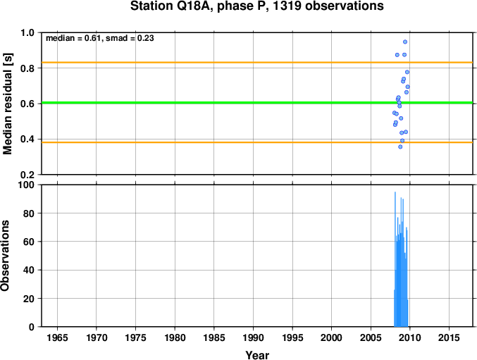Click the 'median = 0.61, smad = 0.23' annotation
100,38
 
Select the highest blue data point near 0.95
405,42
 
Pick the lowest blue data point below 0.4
400,147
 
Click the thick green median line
257,103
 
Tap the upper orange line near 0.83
257,63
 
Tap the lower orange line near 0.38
257,142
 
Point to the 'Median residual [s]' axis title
7,104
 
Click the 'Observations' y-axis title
5,256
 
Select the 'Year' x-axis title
257,355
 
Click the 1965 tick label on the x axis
57,337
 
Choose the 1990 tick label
253,337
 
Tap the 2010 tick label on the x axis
410,337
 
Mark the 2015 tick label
449,337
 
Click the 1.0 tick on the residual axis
27,32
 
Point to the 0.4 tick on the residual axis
27,139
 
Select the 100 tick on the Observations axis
26,185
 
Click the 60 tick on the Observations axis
29,242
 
